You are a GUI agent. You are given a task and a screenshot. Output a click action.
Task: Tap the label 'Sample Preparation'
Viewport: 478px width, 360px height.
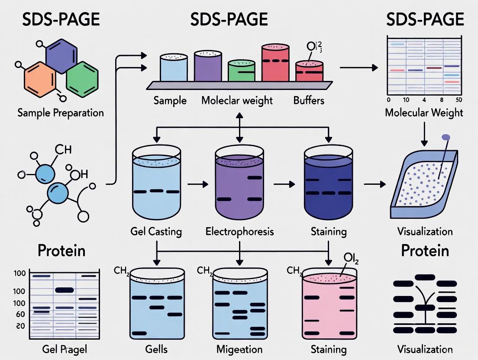pyautogui.click(x=61, y=113)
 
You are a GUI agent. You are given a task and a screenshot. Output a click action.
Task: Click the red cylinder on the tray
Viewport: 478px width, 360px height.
pyautogui.click(x=275, y=64)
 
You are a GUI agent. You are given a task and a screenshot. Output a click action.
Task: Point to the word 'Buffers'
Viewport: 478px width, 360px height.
pyautogui.click(x=309, y=101)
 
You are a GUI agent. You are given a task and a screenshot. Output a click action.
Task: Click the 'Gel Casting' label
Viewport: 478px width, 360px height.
pyautogui.click(x=156, y=231)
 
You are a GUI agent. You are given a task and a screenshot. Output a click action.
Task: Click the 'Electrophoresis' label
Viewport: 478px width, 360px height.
pyautogui.click(x=239, y=231)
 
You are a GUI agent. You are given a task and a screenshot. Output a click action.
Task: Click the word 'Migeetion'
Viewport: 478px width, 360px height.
pyautogui.click(x=239, y=349)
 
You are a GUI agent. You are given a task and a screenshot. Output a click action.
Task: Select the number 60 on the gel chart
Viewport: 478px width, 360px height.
pyautogui.click(x=20, y=314)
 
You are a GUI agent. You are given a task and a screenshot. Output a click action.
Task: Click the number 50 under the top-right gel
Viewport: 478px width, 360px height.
pyautogui.click(x=459, y=100)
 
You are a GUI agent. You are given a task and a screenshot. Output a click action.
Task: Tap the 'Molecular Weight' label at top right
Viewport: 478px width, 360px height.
pyautogui.click(x=424, y=113)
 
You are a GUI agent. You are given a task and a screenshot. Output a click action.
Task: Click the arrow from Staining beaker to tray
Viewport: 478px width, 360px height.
pyautogui.click(x=374, y=184)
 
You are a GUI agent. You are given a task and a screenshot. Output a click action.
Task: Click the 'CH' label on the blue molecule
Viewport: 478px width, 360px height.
pyautogui.click(x=63, y=150)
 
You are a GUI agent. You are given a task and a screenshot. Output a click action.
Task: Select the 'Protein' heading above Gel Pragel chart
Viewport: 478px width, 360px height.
pyautogui.click(x=61, y=251)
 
